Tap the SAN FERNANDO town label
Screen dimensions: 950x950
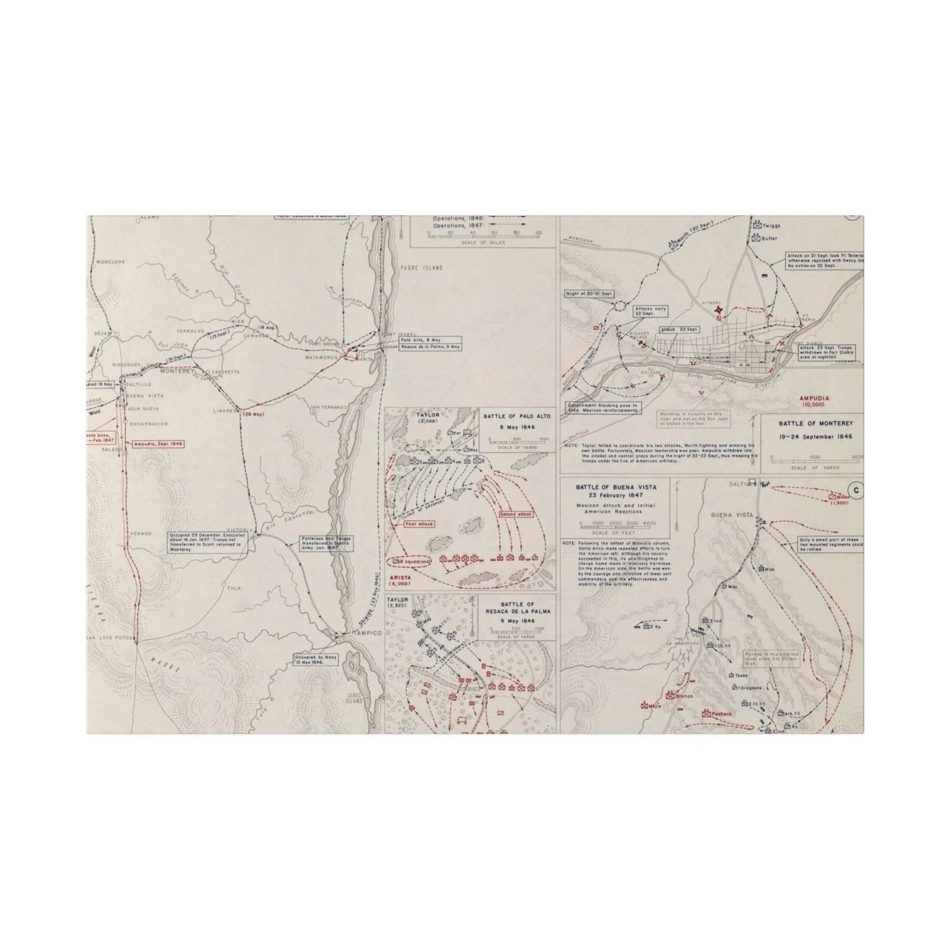pos(329,408)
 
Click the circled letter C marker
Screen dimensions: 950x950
pos(855,490)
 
